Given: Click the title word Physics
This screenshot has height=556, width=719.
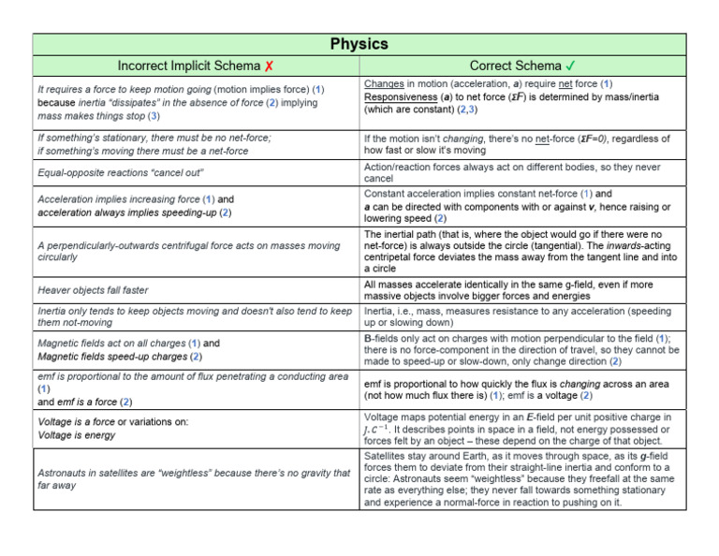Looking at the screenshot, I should [x=359, y=44].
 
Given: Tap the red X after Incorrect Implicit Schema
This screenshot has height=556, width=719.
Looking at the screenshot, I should [x=269, y=66].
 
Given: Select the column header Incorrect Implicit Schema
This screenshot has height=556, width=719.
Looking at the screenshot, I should [x=189, y=66].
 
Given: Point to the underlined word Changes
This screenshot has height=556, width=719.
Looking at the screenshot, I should [x=384, y=84].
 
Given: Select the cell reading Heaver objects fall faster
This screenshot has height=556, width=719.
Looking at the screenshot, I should [x=93, y=290].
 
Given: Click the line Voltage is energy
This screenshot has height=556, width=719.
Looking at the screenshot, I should [x=76, y=435].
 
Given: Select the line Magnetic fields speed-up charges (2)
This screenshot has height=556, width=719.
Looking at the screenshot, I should [x=119, y=356].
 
